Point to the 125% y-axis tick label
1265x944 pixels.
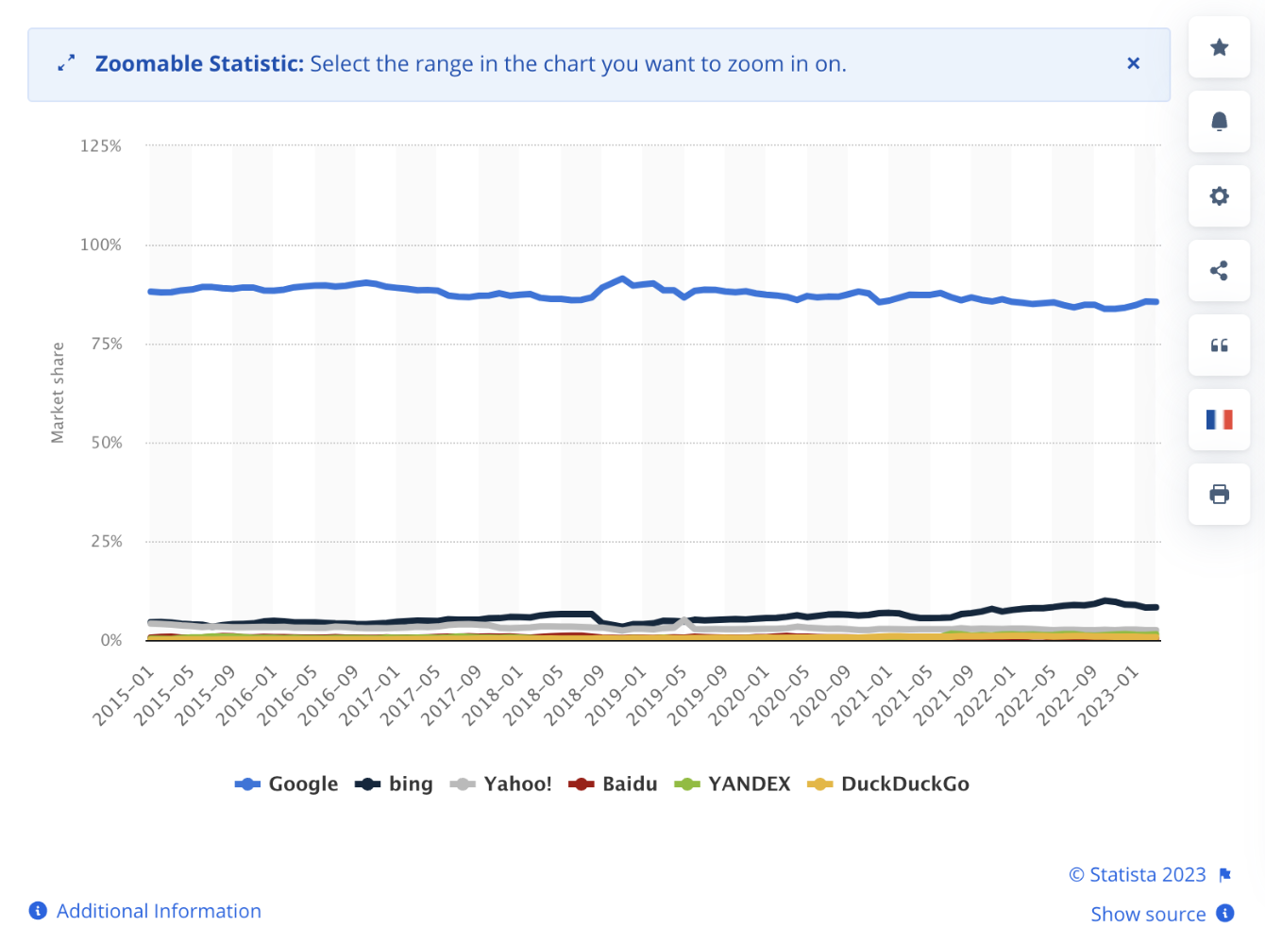101,146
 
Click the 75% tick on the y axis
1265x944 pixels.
107,344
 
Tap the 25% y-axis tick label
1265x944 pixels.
107,542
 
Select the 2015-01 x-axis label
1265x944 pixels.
123,697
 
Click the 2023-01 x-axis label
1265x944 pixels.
1108,697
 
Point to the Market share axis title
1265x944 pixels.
58,393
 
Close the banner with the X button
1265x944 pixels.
1133,63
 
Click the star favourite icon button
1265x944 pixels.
1219,47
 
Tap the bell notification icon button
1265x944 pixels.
1219,121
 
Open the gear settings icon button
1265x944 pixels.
1219,195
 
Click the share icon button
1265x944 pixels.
1219,271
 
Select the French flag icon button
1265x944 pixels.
1219,419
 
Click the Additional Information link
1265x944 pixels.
158,911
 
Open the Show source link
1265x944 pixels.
1148,914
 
